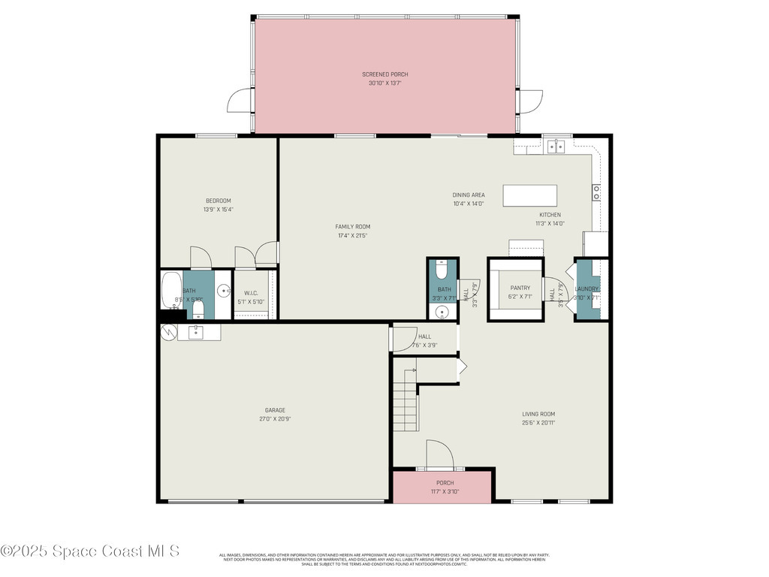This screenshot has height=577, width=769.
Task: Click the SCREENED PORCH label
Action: (x=384, y=74)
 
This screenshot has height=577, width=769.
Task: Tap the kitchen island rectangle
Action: (x=530, y=195)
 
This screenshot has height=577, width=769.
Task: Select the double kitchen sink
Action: (x=556, y=147)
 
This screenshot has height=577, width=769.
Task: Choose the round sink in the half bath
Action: (x=442, y=313)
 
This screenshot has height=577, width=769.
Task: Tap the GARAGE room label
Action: (x=275, y=410)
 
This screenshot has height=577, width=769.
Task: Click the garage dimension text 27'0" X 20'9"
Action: (x=275, y=419)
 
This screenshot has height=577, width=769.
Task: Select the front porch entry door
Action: (x=439, y=455)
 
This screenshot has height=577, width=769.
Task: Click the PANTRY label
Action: (x=520, y=288)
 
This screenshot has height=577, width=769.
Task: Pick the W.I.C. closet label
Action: (x=251, y=293)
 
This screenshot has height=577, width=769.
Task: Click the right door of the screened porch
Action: (x=530, y=101)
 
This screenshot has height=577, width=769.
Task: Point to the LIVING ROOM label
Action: (x=538, y=414)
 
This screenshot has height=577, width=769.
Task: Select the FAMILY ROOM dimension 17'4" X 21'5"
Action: (x=352, y=236)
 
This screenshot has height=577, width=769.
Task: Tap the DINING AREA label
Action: (x=468, y=195)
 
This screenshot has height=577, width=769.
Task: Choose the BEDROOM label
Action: (x=218, y=201)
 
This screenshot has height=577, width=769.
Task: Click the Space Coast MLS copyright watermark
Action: (x=90, y=551)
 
